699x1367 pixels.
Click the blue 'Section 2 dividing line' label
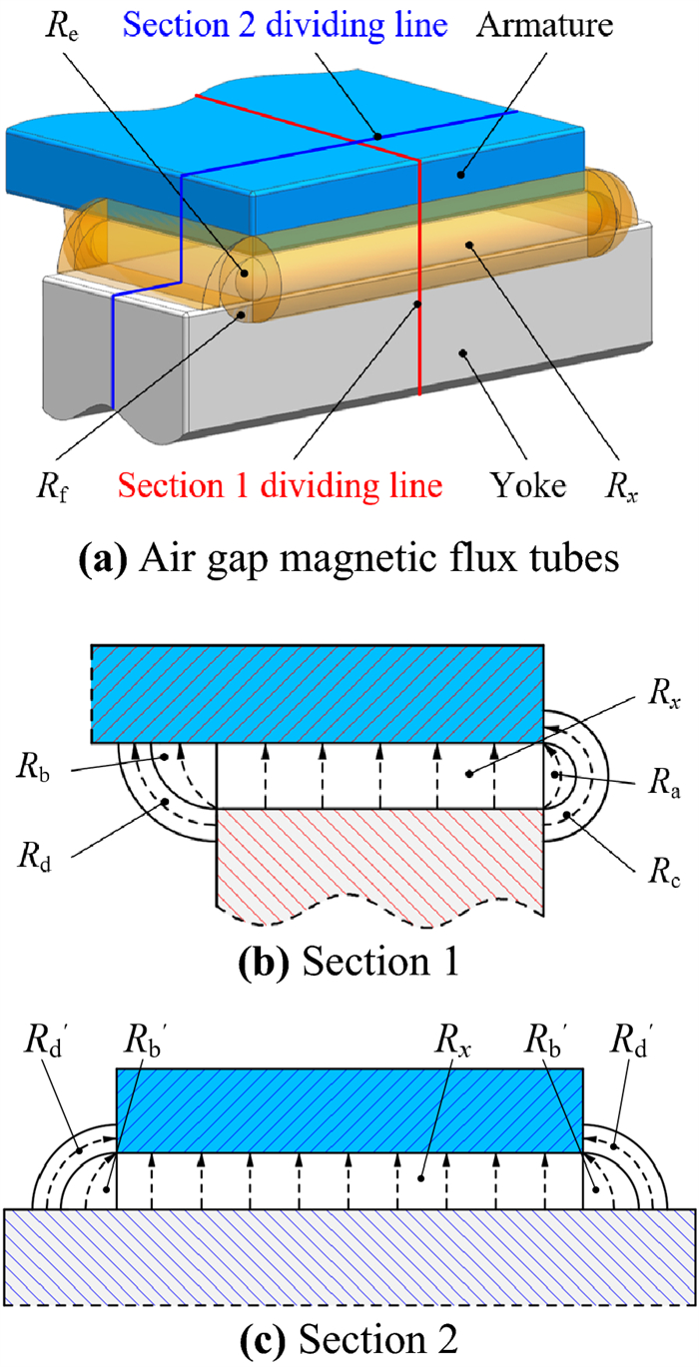pos(318,21)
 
